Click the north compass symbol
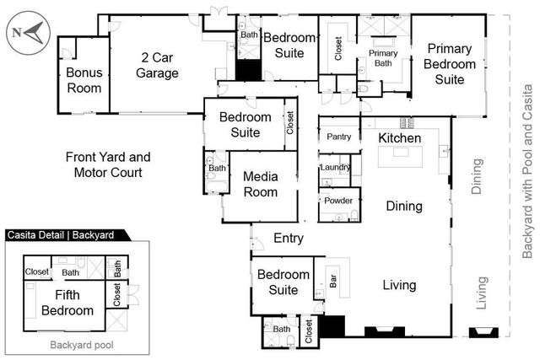click(x=28, y=33)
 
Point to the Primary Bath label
click(x=383, y=57)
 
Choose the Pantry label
click(x=338, y=136)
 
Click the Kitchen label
click(x=399, y=137)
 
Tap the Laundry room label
click(x=335, y=168)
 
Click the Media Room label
click(x=260, y=184)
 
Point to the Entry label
click(x=289, y=239)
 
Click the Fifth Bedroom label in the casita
click(x=67, y=303)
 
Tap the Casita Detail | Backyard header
click(x=63, y=236)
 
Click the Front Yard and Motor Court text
click(x=107, y=164)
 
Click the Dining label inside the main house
click(x=404, y=206)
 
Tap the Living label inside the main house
click(x=399, y=285)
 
